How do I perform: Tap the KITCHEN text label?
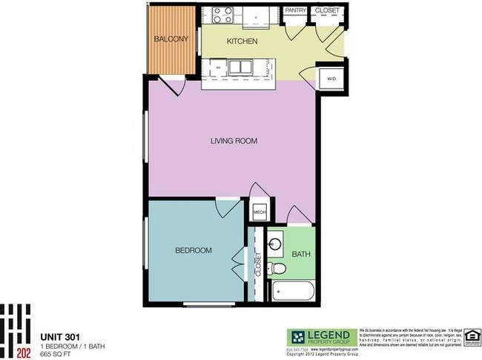[x=242, y=42]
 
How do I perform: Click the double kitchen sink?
[x=239, y=68]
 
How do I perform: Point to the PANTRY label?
[x=295, y=11]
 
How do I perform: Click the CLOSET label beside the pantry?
[x=327, y=11]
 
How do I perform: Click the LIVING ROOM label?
[x=234, y=140]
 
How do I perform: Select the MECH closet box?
[x=260, y=212]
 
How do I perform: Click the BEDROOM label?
[x=193, y=251]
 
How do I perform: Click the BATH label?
[x=301, y=254]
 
